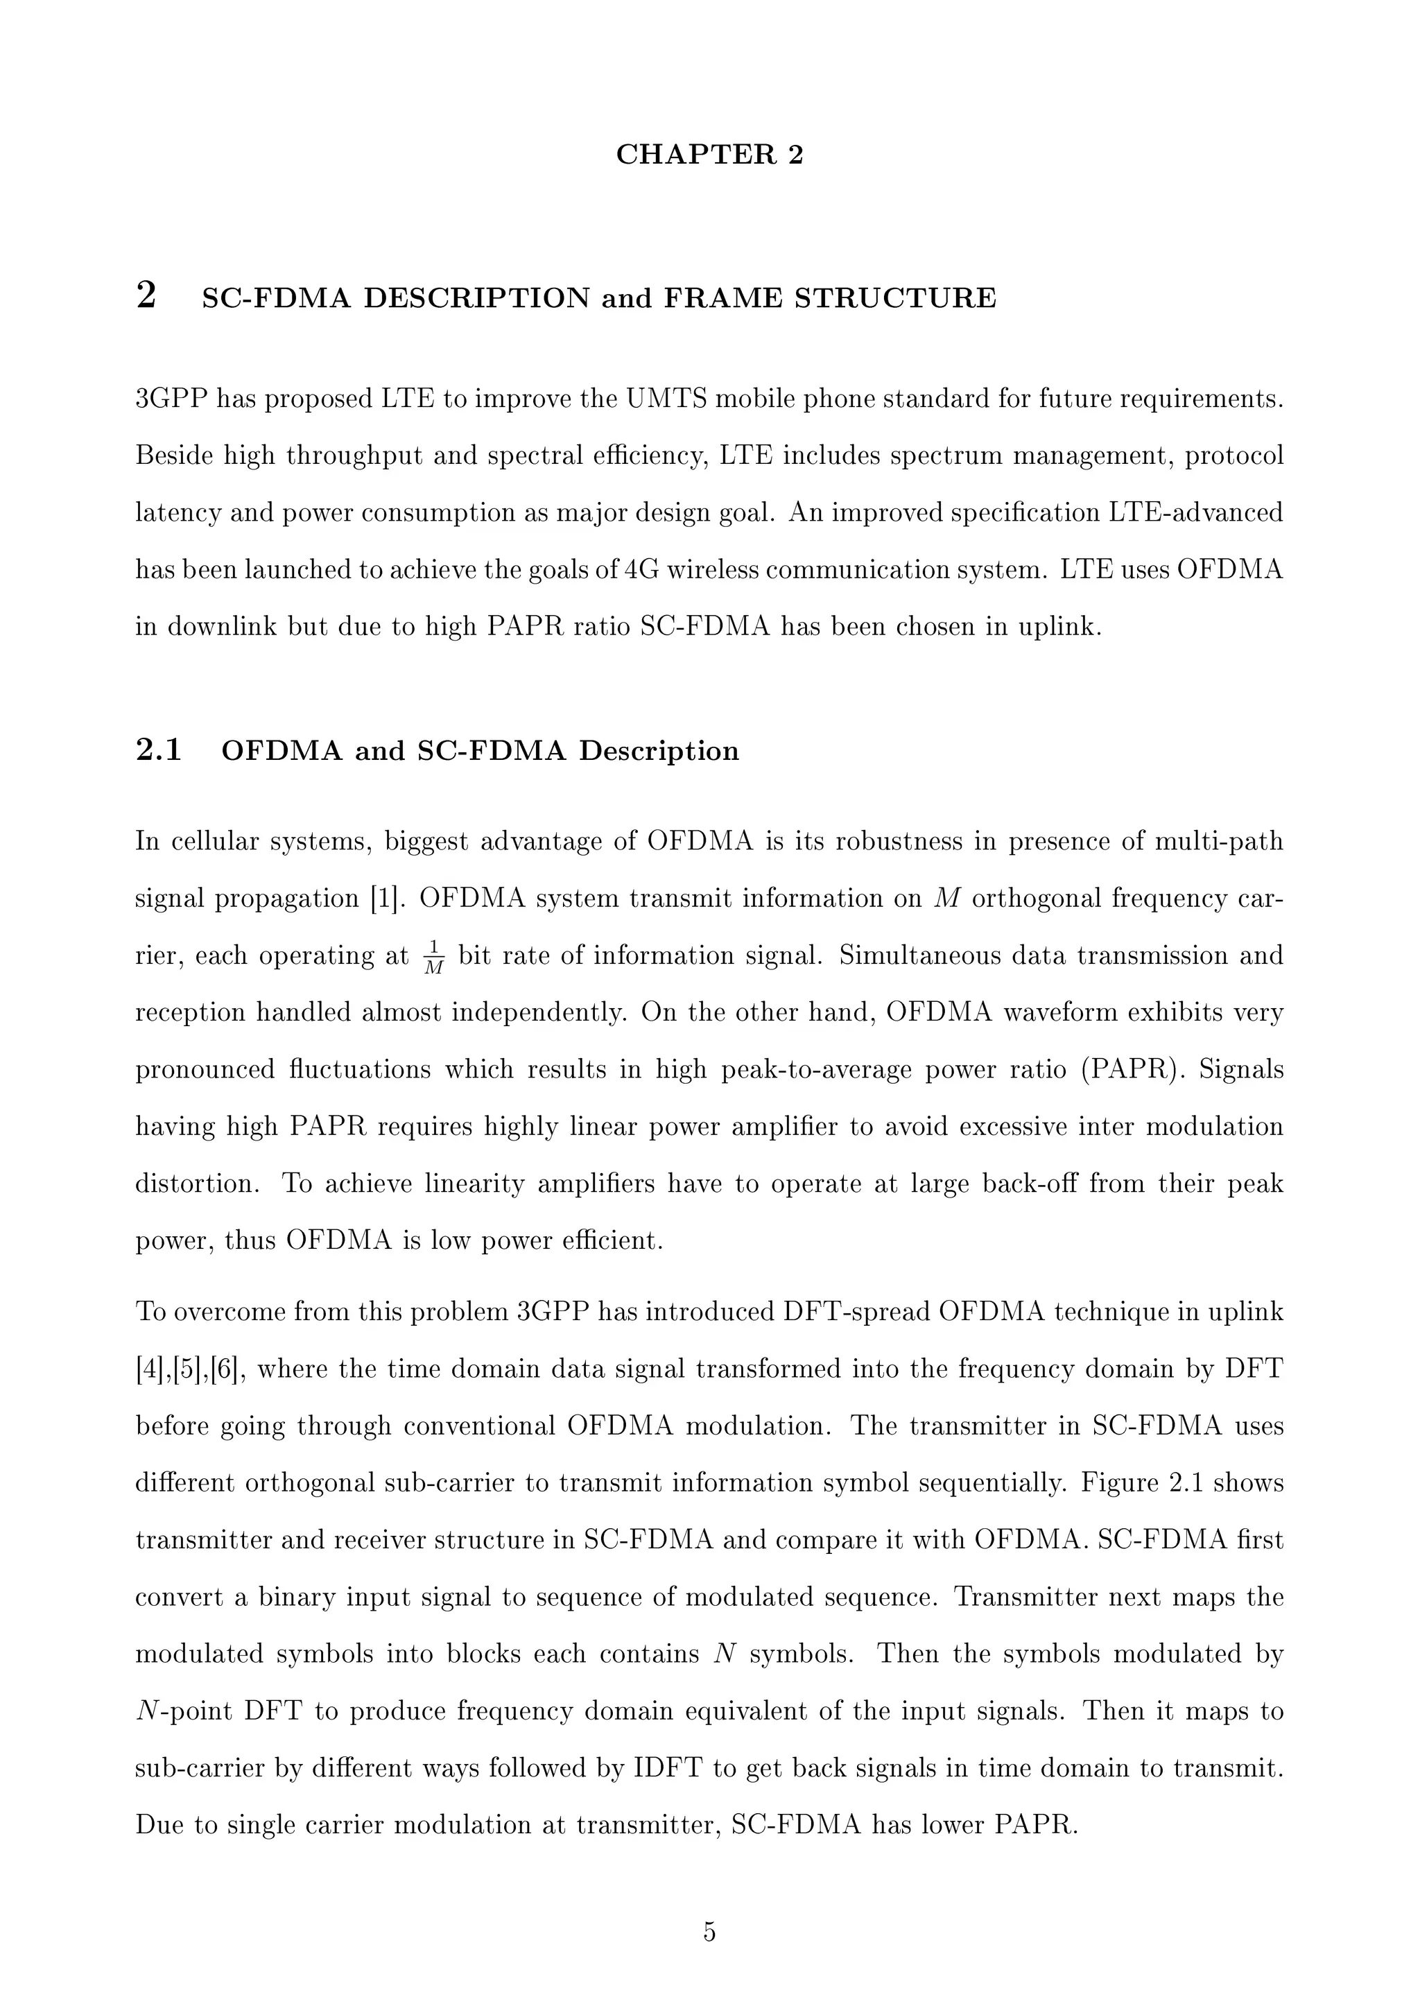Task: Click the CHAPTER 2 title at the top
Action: (709, 154)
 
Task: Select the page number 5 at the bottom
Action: (709, 1931)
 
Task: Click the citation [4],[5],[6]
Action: (189, 1369)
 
